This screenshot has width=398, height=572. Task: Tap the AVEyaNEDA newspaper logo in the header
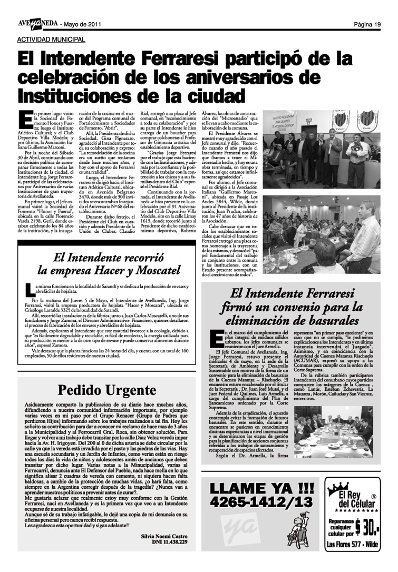[x=36, y=24]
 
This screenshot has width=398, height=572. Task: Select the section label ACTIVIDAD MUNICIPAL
[x=51, y=40]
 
